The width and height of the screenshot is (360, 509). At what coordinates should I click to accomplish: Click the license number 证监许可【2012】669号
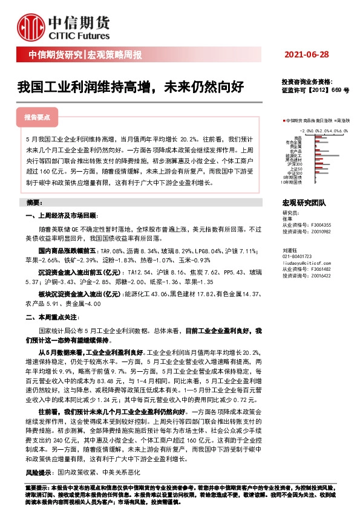pos(315,89)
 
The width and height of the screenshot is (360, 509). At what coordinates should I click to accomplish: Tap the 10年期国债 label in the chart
pos(293,181)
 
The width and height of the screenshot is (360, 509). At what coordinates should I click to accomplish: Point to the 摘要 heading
pos(34,201)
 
